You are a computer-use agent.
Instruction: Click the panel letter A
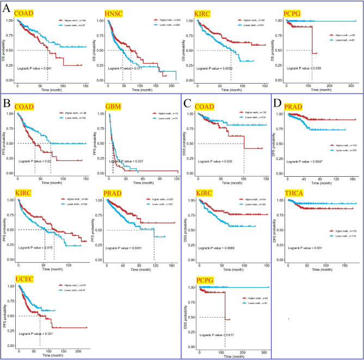tap(7, 9)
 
